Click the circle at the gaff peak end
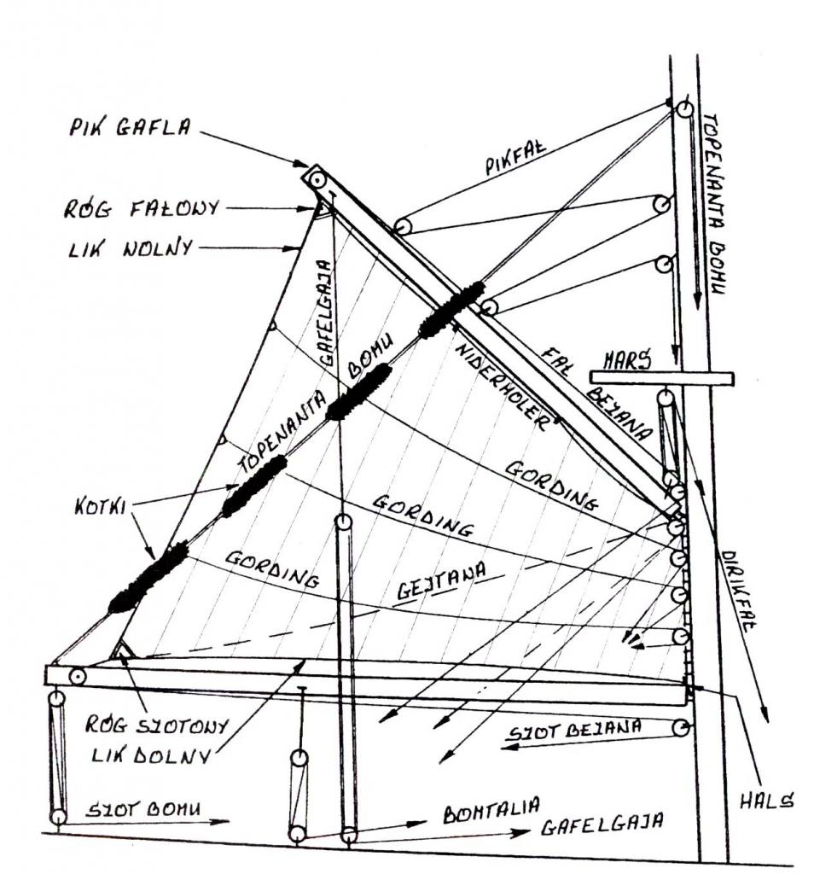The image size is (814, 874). tap(319, 181)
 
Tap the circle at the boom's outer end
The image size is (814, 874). tap(78, 677)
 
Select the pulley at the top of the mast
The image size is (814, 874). tap(683, 110)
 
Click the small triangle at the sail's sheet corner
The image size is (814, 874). tap(123, 652)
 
